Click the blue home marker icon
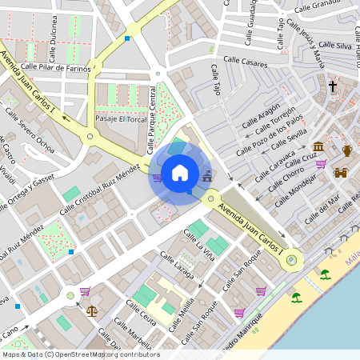point(180,173)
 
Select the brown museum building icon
point(319,147)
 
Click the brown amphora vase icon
point(347,150)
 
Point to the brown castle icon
point(341,172)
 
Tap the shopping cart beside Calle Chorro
point(321,165)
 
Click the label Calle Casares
point(245,60)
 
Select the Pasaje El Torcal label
point(117,118)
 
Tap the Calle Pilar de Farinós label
point(56,68)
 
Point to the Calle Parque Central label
point(153,120)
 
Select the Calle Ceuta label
point(141,313)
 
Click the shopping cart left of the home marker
point(157,178)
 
